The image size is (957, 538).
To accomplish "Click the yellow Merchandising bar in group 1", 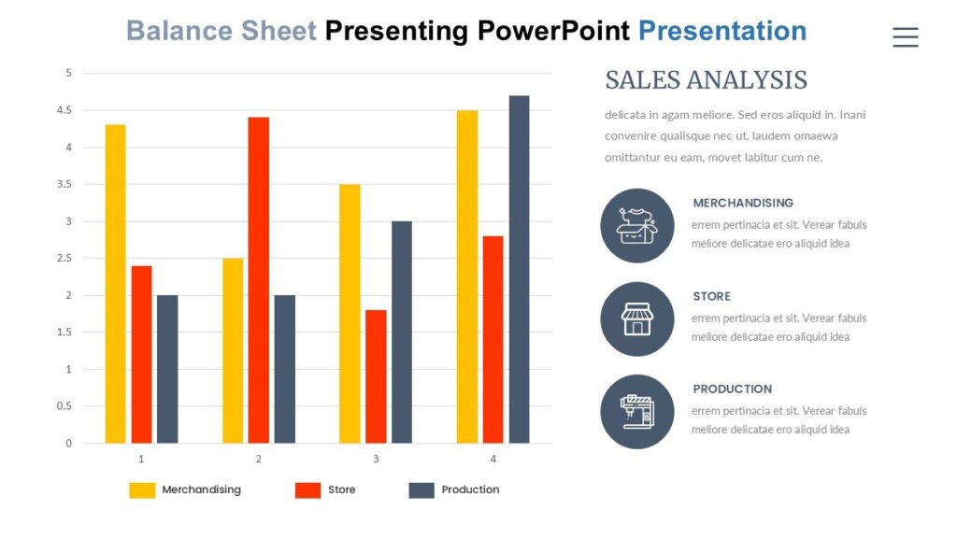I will click(115, 284).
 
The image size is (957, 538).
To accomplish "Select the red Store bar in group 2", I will click(259, 280).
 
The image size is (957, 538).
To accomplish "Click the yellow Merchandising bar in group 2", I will click(233, 350).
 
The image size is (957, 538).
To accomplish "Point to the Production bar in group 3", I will click(402, 332).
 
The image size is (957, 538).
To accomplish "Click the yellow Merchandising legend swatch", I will click(142, 490).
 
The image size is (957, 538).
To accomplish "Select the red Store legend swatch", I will click(307, 490).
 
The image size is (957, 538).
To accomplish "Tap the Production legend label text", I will click(470, 489).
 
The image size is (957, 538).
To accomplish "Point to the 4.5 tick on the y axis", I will click(64, 110).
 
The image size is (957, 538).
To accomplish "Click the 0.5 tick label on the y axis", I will click(64, 406).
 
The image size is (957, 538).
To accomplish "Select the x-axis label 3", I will click(376, 460).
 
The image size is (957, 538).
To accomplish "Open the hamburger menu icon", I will click(905, 36).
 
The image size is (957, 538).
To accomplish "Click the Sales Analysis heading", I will click(706, 80).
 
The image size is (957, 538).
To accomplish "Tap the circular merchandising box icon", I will click(636, 226).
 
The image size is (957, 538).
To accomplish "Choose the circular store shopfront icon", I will click(636, 319).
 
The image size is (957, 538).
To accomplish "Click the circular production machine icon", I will click(636, 412).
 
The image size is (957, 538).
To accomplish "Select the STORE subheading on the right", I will click(711, 296).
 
